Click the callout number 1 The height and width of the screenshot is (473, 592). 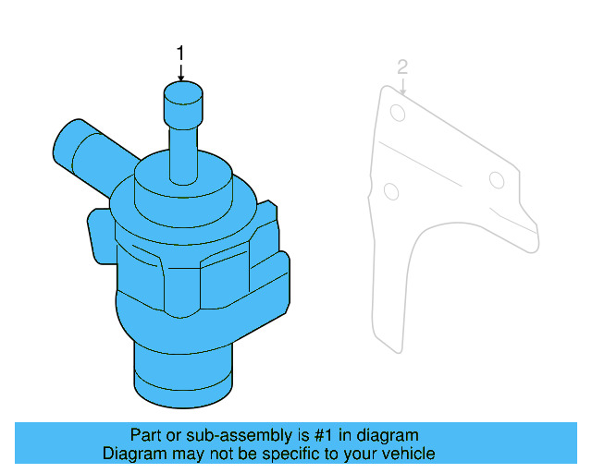181,53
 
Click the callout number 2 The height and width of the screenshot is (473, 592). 401,67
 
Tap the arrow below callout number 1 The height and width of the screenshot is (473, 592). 181,72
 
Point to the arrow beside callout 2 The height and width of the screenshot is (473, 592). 404,84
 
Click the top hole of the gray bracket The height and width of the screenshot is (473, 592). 398,113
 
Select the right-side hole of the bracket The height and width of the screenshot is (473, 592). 497,179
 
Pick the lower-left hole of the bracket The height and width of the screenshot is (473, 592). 390,190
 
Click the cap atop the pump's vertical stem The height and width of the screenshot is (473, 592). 182,95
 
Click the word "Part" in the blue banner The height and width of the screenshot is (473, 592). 146,435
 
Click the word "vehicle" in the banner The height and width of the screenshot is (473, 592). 406,454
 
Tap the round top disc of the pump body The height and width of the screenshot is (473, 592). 182,181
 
